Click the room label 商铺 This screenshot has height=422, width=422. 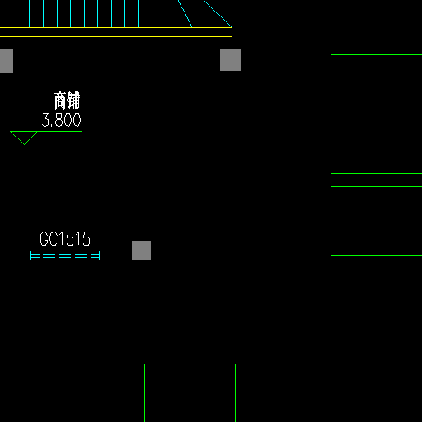point(67,101)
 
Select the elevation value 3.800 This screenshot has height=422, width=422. point(61,120)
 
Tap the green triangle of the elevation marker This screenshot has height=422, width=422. point(24,138)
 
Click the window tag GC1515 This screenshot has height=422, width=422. point(65,238)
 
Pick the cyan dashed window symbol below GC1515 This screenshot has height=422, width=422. point(65,256)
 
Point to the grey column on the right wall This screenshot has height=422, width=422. point(231,60)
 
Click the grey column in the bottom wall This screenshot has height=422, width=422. point(141,251)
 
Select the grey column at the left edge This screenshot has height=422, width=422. point(7,60)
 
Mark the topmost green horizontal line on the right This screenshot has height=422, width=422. point(377,55)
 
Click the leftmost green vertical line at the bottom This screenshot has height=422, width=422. point(144,393)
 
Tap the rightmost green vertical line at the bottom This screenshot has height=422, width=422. point(241,393)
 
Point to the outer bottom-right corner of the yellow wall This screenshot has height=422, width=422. point(241,260)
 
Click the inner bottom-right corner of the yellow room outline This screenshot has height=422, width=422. point(232,251)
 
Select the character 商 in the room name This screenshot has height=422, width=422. point(60,101)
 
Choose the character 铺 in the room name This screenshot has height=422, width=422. point(73,101)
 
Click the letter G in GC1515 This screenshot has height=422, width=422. point(44,238)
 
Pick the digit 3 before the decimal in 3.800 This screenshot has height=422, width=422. point(45,120)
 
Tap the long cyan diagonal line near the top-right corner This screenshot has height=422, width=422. point(218,13)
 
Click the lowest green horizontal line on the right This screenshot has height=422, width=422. point(383,260)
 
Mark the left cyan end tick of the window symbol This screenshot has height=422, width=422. point(30,256)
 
